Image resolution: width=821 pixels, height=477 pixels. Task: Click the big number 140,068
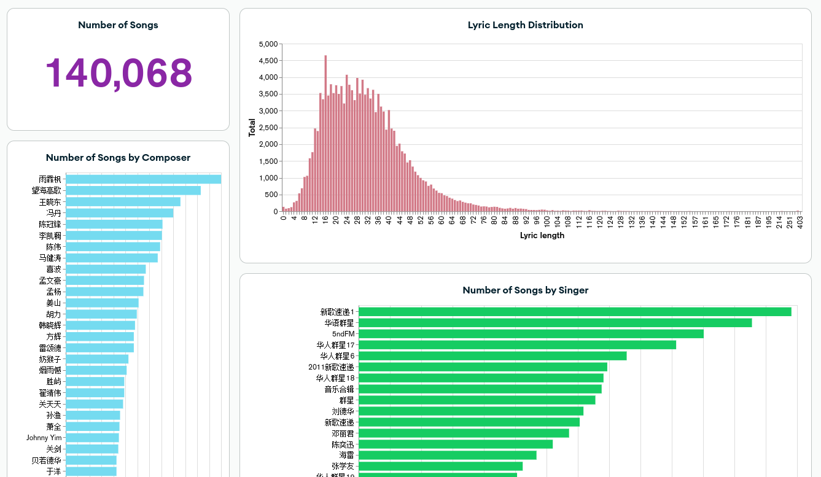(x=119, y=72)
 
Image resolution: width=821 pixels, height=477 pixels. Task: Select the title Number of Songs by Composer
(x=118, y=158)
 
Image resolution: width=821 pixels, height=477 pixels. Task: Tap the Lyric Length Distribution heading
(x=525, y=25)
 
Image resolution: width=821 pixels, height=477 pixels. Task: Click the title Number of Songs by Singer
(x=525, y=290)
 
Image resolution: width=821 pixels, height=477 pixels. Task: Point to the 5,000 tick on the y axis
(x=268, y=44)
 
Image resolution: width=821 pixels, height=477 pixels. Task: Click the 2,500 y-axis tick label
(x=268, y=128)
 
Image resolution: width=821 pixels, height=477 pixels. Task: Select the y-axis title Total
(x=252, y=128)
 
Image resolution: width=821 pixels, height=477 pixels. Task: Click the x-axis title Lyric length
(x=542, y=235)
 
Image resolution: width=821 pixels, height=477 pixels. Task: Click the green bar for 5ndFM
(x=531, y=334)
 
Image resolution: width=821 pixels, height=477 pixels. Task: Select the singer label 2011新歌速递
(x=331, y=367)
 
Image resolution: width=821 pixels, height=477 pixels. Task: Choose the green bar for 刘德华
(x=470, y=411)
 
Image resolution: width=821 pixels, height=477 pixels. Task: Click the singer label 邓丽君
(x=343, y=433)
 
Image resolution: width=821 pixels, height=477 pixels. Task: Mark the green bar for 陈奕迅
(x=455, y=444)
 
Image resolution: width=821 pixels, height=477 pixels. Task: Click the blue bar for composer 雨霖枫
(x=143, y=179)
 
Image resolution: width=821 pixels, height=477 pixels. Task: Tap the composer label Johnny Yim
(x=44, y=438)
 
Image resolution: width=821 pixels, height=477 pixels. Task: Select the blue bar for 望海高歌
(x=133, y=190)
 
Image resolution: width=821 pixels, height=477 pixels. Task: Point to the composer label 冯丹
(x=54, y=213)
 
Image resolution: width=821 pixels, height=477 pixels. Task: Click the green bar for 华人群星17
(x=517, y=345)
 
